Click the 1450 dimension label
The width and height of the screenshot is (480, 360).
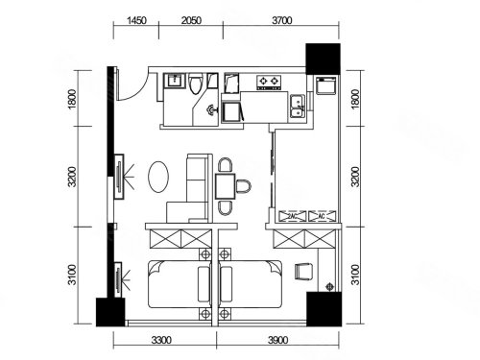(x=136, y=20)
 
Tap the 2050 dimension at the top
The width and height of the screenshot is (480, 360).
(x=191, y=20)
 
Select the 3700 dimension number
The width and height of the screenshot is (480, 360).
(x=282, y=20)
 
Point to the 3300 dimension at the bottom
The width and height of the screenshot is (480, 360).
(x=161, y=340)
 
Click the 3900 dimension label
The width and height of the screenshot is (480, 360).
(x=277, y=340)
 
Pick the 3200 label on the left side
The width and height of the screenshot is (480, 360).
(x=73, y=177)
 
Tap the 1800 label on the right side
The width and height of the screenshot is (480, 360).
(x=355, y=99)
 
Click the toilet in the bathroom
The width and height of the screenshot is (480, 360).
(x=196, y=84)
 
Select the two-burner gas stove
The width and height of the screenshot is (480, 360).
(x=269, y=83)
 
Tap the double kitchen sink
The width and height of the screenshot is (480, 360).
(x=298, y=106)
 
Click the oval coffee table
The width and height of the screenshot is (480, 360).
(x=158, y=177)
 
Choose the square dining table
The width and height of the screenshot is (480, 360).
(x=226, y=186)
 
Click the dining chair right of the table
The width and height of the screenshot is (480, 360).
(x=244, y=186)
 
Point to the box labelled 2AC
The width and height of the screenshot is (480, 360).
(x=293, y=216)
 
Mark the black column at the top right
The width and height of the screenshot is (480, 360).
(x=323, y=59)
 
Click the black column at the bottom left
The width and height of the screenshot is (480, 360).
(x=110, y=312)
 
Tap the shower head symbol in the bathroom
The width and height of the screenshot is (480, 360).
(x=211, y=109)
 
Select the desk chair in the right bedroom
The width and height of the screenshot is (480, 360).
(x=303, y=272)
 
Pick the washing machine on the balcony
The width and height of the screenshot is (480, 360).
(x=326, y=85)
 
